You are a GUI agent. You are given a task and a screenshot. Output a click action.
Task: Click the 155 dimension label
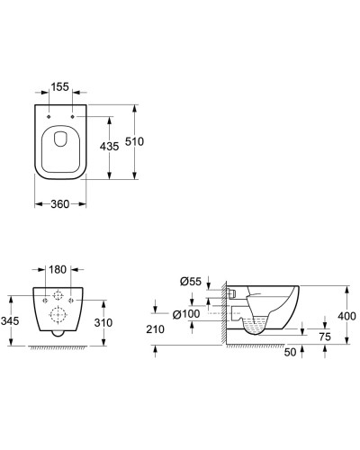60,87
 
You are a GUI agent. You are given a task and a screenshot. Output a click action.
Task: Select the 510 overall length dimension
134,141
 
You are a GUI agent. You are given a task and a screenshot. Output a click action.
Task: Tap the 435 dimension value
109,147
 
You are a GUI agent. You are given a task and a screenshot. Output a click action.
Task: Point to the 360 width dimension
60,204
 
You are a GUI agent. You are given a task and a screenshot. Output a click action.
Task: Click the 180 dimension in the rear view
58,270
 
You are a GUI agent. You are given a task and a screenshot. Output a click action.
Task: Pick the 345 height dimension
10,321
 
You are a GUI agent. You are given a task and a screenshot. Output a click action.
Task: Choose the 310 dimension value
103,323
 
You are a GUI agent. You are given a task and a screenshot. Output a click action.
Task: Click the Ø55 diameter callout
191,282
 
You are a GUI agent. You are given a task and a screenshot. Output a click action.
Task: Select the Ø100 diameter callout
186,314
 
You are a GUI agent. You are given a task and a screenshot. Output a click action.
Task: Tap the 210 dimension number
156,329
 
